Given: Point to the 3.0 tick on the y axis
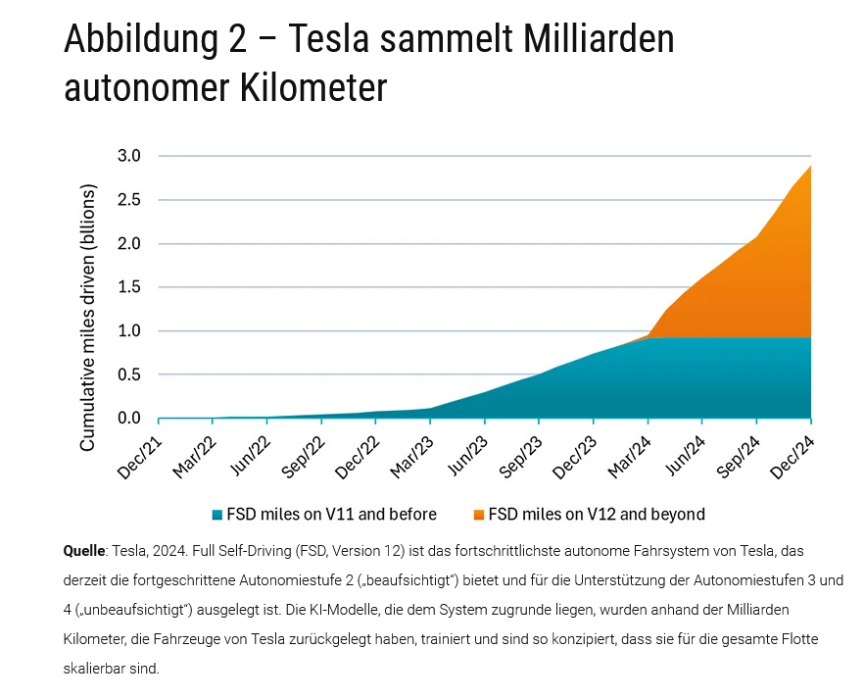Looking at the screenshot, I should (x=130, y=156).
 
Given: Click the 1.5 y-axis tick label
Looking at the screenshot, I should (x=130, y=287).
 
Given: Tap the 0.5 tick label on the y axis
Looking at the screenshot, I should (x=130, y=374).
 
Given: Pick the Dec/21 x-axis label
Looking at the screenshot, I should (x=140, y=455).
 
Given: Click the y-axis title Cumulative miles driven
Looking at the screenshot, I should (x=88, y=316).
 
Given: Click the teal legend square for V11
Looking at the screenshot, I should (x=216, y=514).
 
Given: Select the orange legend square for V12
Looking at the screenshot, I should (x=478, y=514).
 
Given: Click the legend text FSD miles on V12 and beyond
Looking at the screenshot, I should (x=597, y=514).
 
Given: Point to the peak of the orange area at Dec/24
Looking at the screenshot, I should (x=810, y=167).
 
